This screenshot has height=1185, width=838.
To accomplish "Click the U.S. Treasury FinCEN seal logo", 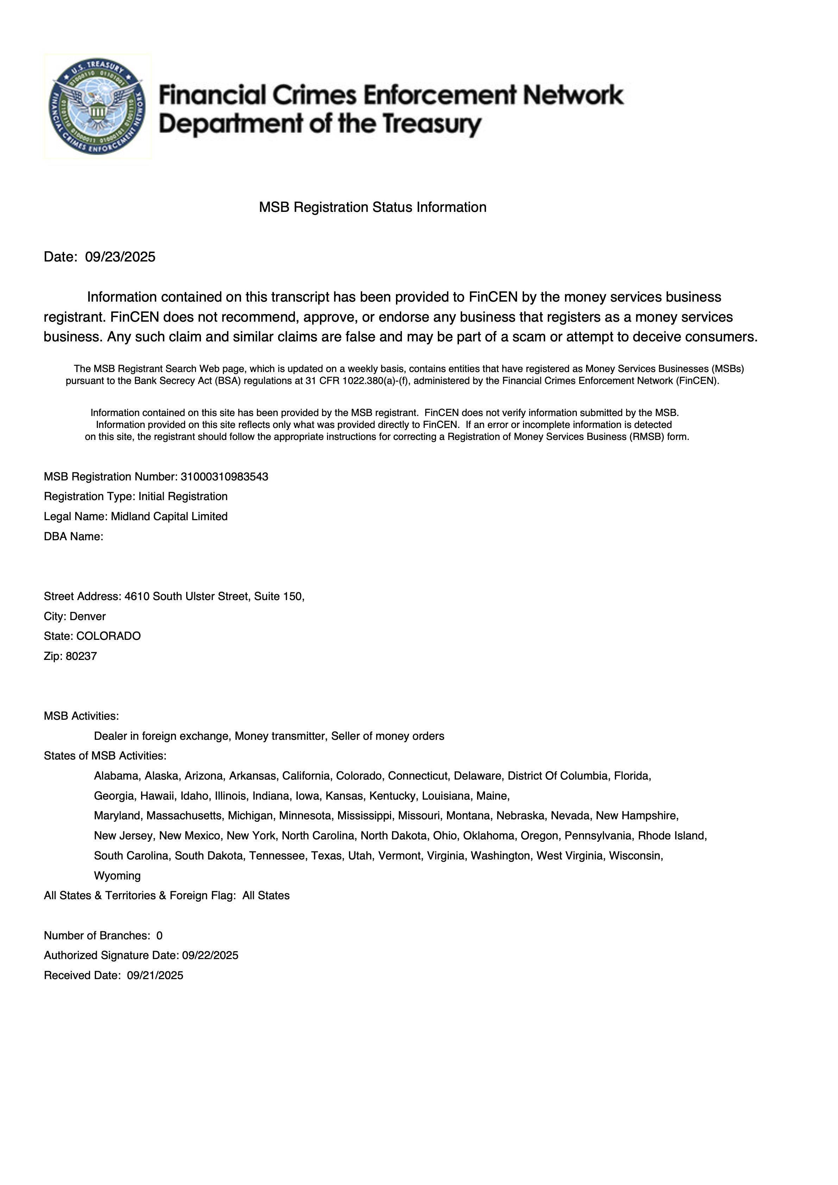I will coord(97,107).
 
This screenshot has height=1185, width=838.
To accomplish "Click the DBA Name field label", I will coord(73,536).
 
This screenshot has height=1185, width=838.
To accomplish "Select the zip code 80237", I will coord(81,656).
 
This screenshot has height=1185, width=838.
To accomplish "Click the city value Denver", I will coord(87,616).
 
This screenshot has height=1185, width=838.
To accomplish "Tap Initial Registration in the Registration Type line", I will coord(183,497).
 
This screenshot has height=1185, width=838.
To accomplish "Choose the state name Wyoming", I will coord(117,876).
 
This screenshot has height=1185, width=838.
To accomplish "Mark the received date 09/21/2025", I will coord(155,976).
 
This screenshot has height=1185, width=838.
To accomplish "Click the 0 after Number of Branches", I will coord(159,936).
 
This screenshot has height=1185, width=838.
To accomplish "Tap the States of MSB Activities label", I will coord(105,756).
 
